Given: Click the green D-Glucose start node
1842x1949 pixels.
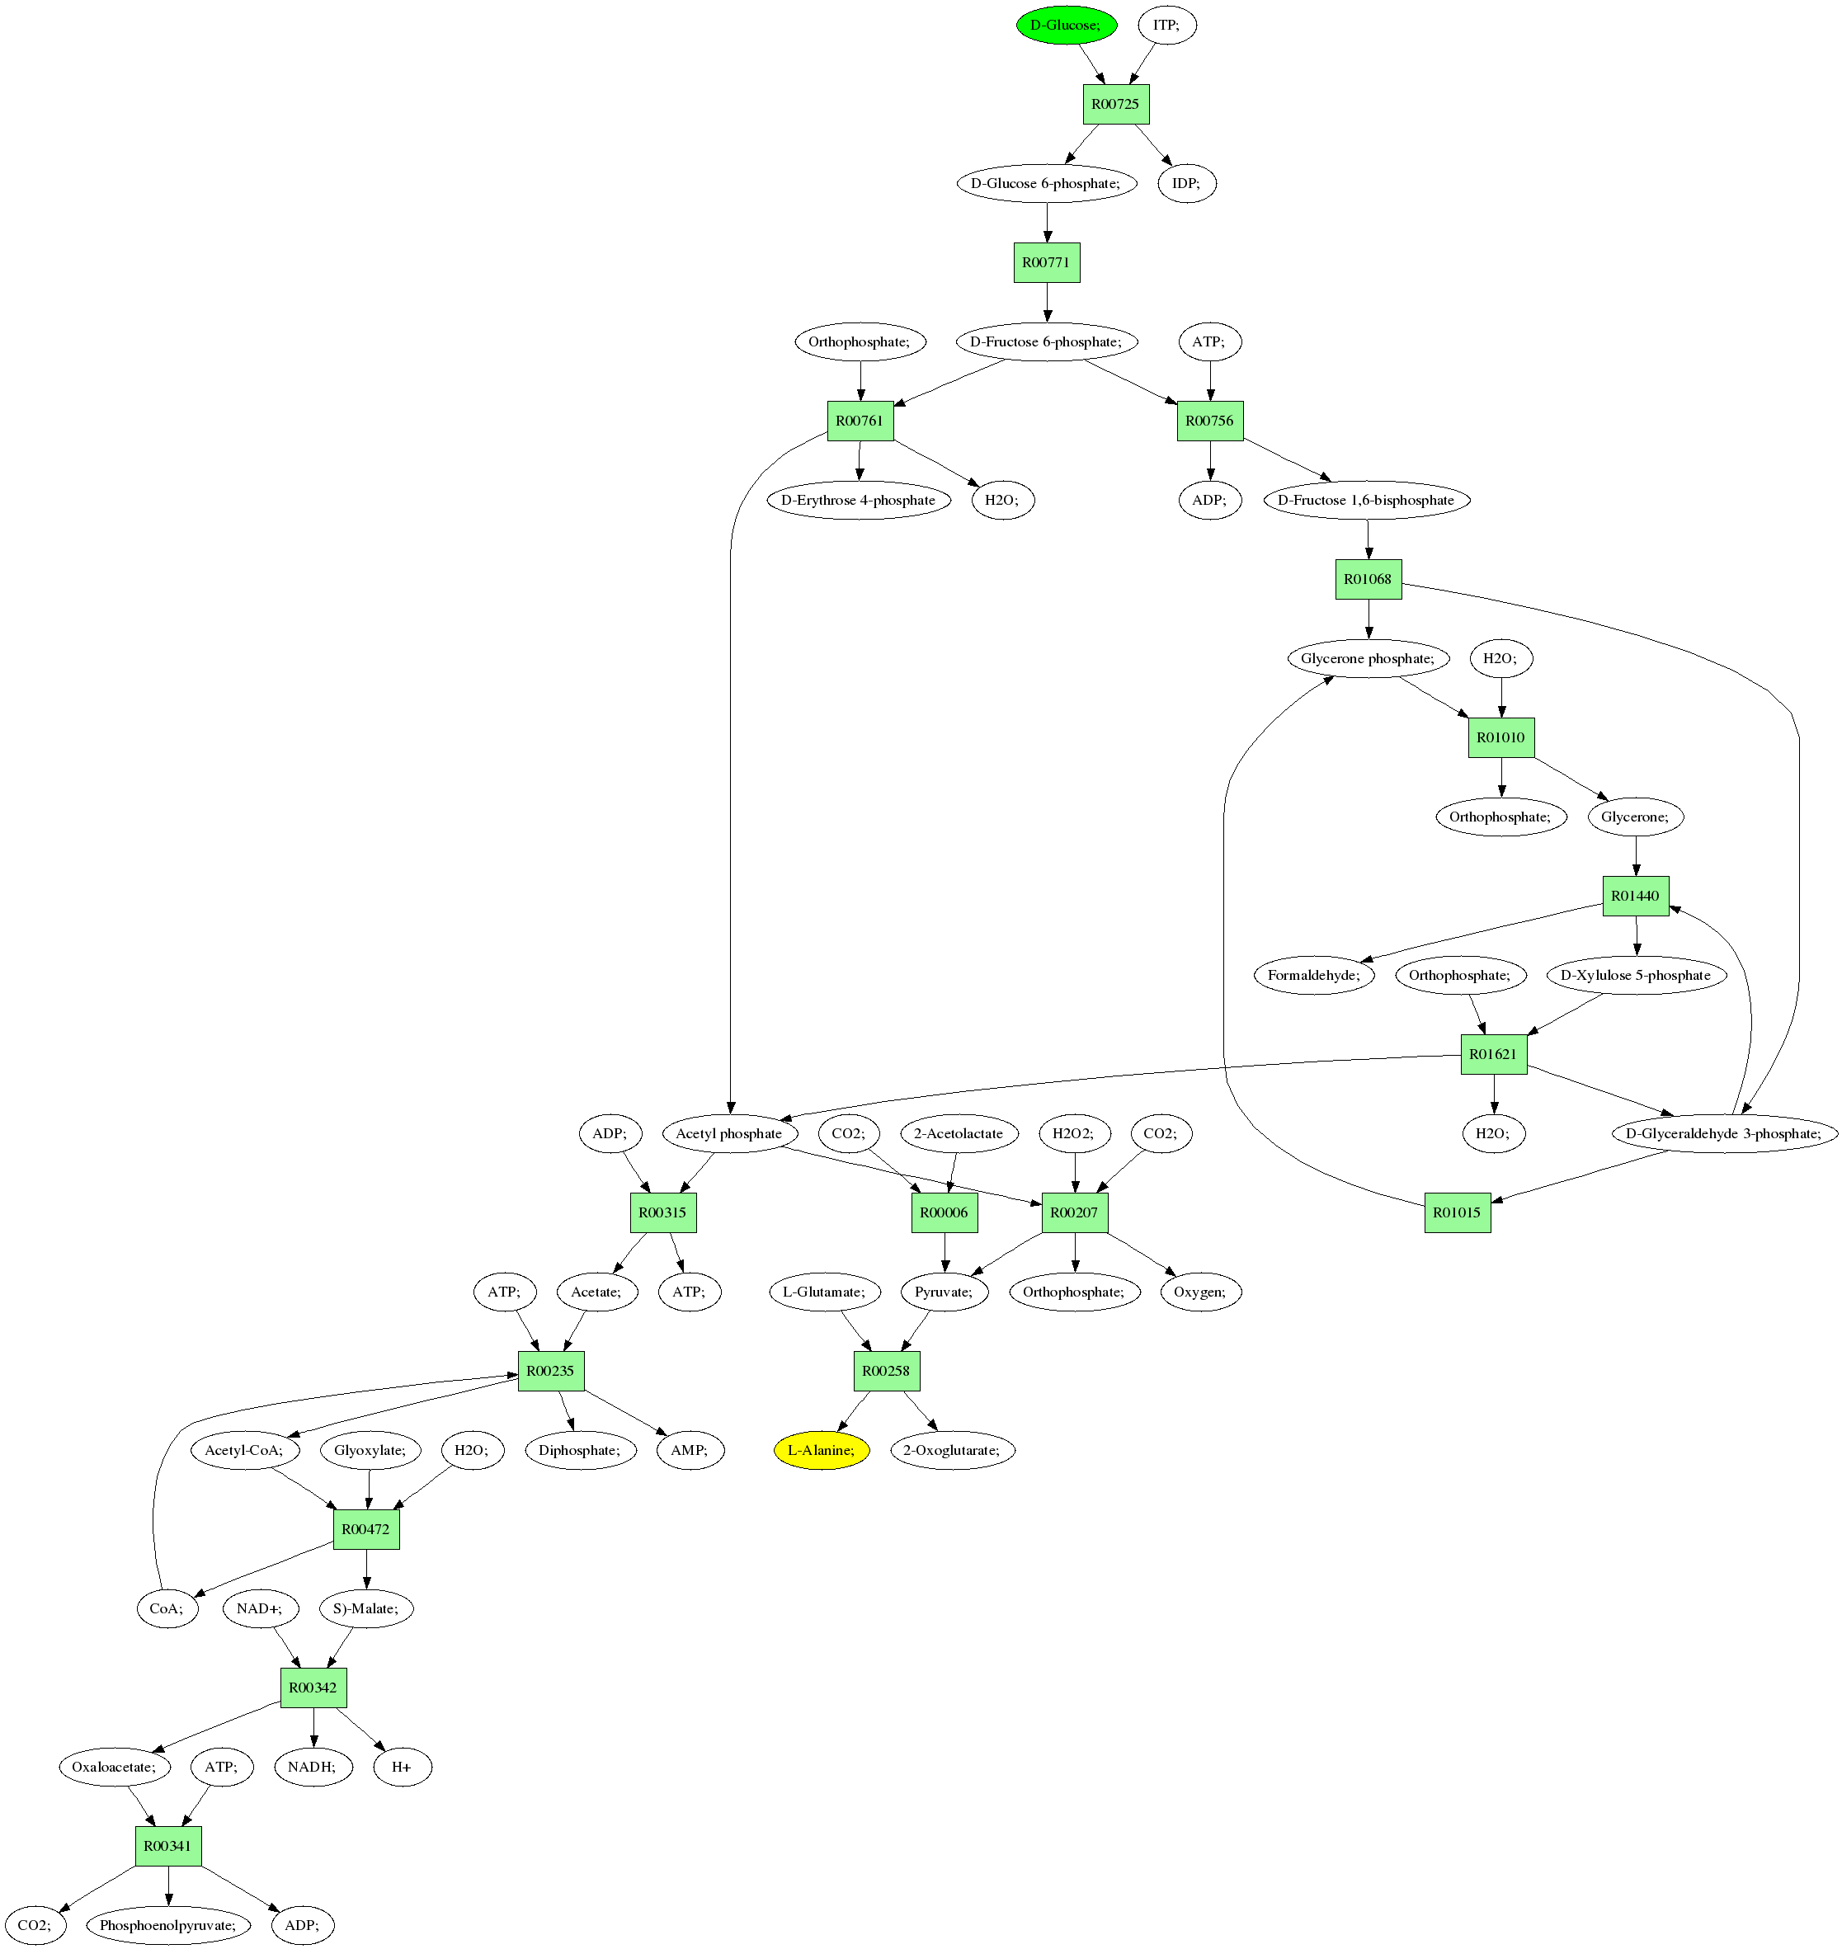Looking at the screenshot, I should coord(1067,25).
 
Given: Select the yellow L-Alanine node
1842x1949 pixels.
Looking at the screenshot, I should coord(821,1450).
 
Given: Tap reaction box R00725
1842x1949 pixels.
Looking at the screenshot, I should coord(1115,104).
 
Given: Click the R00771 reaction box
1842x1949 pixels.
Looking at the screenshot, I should coord(1046,262).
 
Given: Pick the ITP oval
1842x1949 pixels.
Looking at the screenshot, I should coord(1166,25).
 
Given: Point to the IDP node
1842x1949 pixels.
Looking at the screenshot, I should coord(1186,184).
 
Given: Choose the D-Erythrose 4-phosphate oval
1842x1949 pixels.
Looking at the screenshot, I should coord(858,500).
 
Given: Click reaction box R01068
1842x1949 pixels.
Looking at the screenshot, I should coord(1368,579).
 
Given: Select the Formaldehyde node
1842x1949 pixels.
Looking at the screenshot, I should coord(1314,975).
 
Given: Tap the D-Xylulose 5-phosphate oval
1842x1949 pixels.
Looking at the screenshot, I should coord(1635,975).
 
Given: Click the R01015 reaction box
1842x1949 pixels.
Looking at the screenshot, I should coord(1457,1212).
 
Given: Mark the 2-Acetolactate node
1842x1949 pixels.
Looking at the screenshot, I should coord(959,1133).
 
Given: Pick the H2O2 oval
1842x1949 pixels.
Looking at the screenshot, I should coord(1073,1133).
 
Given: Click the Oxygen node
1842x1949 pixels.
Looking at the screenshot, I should coord(1200,1292).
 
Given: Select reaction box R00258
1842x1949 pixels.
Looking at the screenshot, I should coord(886,1371).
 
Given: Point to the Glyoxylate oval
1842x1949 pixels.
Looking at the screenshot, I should coord(370,1450).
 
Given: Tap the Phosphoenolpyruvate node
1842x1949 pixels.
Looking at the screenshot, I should coord(168,1925).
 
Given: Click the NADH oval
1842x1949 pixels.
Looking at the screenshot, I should coord(313,1768).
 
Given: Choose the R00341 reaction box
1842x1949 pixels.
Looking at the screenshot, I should coord(168,1846).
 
